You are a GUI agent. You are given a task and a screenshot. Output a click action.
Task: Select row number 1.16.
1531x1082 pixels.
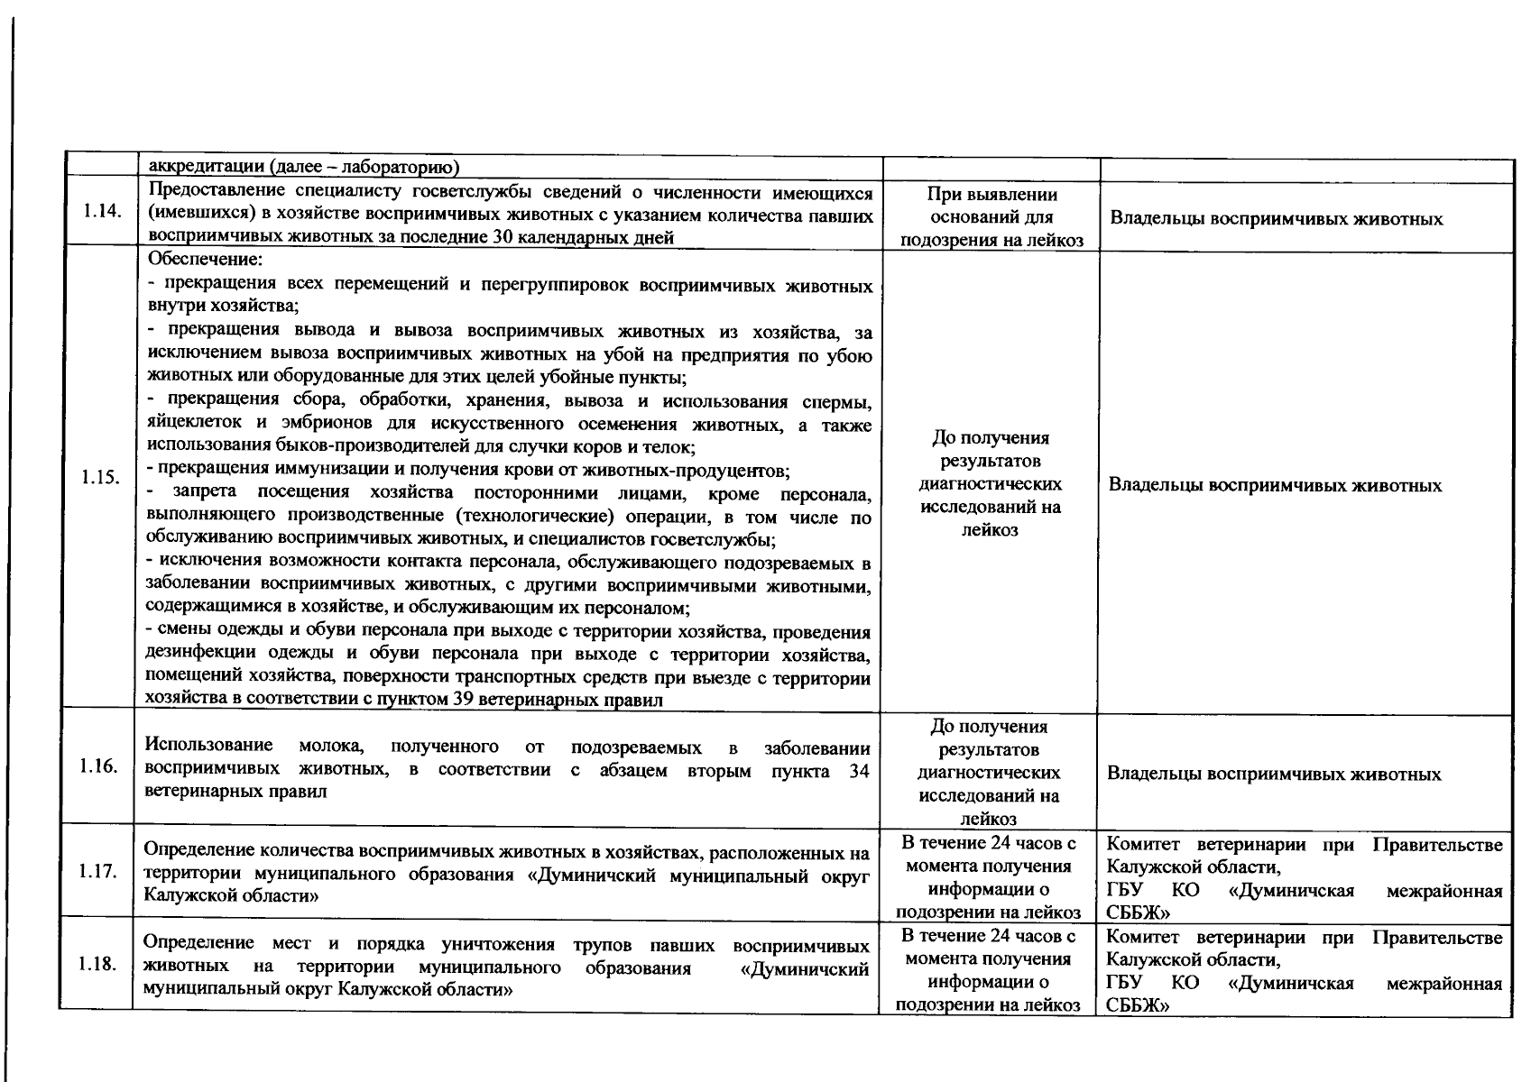97,766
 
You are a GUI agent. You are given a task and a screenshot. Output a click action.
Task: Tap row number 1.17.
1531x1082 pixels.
97,872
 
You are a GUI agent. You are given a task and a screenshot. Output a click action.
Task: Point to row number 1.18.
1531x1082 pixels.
97,965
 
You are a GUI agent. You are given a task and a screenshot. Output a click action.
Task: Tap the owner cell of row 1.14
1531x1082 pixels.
1276,219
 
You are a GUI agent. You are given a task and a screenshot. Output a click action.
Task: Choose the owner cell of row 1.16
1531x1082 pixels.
1274,775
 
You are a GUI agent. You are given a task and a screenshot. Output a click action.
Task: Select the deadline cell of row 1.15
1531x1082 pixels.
990,483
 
